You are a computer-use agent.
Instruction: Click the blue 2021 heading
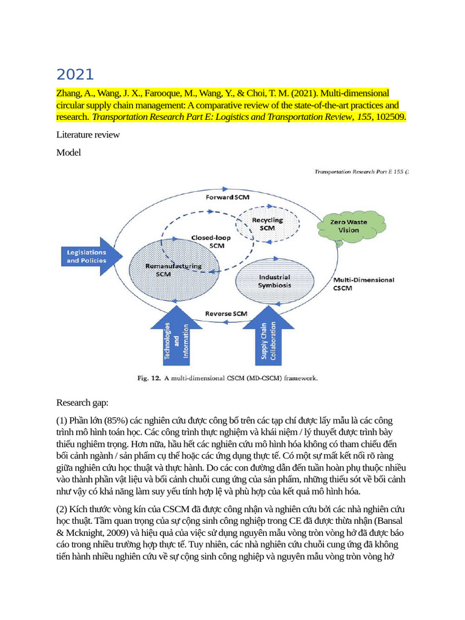75,74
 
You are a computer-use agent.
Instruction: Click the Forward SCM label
227,197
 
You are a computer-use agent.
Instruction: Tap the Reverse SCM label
226,314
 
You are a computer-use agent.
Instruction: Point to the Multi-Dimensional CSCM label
363,284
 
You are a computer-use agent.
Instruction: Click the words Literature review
88,134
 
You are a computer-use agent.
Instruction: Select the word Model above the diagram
68,153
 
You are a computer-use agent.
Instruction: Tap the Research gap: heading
83,402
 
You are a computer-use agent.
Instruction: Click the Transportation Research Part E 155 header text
361,172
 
